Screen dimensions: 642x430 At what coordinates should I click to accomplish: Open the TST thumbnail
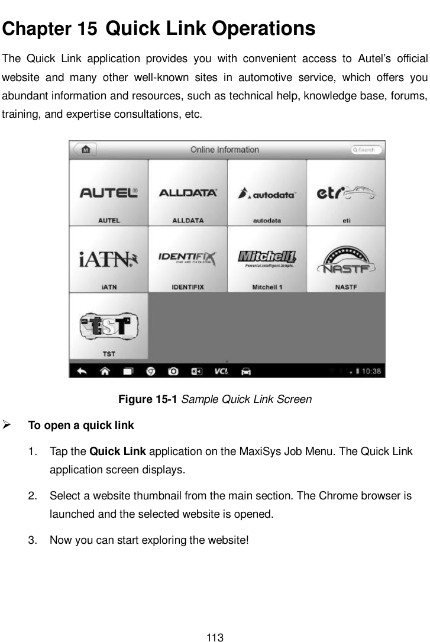[x=109, y=326]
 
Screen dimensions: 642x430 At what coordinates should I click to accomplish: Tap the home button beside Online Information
[x=86, y=150]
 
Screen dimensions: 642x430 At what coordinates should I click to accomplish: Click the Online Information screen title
[x=224, y=150]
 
